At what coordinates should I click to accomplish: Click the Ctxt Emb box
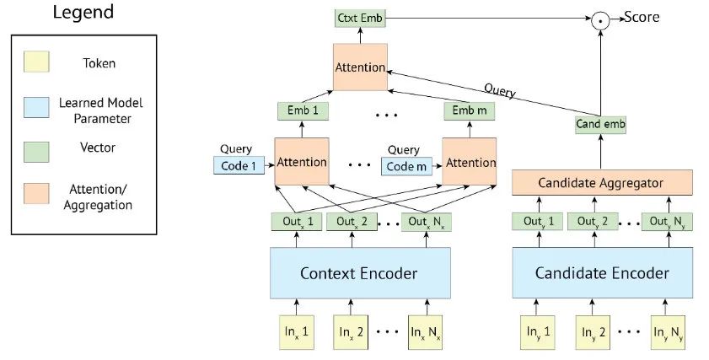coord(360,19)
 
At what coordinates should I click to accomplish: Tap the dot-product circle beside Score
coord(600,21)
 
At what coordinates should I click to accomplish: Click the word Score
coord(642,17)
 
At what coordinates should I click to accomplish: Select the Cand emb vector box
coord(600,125)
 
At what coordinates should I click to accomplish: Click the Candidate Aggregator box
coord(602,183)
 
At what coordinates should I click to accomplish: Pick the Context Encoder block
coord(360,272)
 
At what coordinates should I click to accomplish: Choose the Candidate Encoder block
coord(602,272)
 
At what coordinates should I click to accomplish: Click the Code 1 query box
coord(239,166)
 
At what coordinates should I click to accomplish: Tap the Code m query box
coord(406,166)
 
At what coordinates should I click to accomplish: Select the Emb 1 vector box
coord(303,110)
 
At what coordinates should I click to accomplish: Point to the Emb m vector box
coord(470,110)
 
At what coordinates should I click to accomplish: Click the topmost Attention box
coord(360,67)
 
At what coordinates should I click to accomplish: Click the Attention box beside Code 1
coord(302,162)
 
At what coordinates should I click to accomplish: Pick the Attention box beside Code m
coord(469,162)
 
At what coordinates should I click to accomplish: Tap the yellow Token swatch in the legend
coord(36,62)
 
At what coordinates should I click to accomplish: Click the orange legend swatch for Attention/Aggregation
coord(36,194)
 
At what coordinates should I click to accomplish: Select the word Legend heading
coord(83,12)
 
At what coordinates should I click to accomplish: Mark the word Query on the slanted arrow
coord(500,90)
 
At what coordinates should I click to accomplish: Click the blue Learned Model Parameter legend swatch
coord(36,108)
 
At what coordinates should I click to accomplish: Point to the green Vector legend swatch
coord(36,152)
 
